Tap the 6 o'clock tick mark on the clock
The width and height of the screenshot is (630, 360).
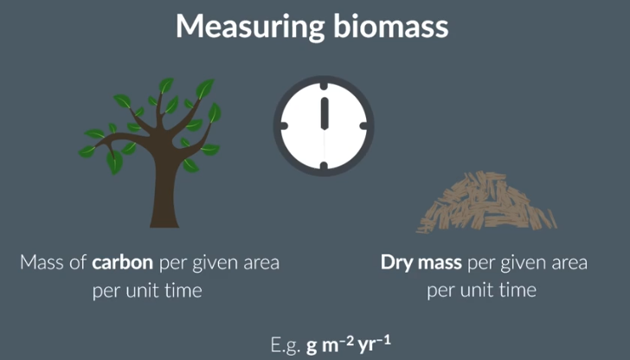click(325, 164)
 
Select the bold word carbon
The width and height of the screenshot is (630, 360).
click(129, 262)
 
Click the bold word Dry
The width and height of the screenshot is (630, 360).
click(396, 262)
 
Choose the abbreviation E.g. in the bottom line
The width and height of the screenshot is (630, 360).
click(284, 344)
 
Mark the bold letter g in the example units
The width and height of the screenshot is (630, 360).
click(312, 345)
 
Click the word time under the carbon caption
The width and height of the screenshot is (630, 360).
click(182, 290)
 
